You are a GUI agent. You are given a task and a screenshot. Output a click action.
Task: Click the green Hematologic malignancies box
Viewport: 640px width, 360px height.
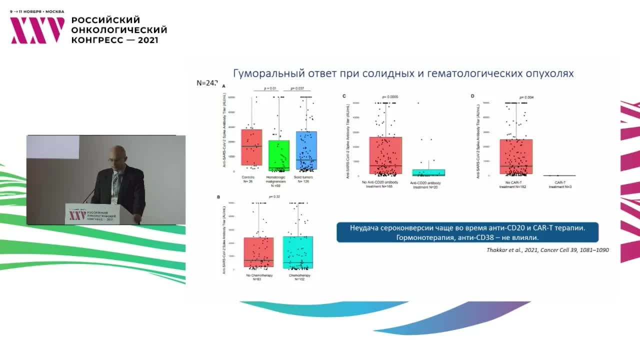point(278,155)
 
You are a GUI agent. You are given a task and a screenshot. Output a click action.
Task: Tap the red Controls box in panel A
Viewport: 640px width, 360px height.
point(251,147)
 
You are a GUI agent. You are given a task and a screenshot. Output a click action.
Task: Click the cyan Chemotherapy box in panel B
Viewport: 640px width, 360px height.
point(298,252)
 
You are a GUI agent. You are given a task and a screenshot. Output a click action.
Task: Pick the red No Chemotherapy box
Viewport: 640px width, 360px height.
point(258,252)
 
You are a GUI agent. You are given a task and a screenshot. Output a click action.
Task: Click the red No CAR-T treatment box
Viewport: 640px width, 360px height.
point(516,157)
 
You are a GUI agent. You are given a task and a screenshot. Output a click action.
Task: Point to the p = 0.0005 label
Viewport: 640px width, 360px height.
point(390,96)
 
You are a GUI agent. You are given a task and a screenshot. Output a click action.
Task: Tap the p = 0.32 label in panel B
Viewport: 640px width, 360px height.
point(274,196)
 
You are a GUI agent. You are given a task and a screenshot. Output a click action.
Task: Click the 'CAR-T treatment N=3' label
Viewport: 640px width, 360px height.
point(559,184)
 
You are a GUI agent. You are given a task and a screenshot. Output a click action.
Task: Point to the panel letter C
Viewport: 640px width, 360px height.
point(344,95)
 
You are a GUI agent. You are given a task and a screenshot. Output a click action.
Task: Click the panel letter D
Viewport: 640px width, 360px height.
point(472,95)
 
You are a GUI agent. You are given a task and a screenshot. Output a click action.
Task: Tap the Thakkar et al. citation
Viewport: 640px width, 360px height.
point(547,249)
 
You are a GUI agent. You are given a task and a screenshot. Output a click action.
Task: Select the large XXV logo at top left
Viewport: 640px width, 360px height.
point(37,30)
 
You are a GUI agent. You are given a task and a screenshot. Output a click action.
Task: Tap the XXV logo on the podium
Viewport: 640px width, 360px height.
point(77,214)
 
